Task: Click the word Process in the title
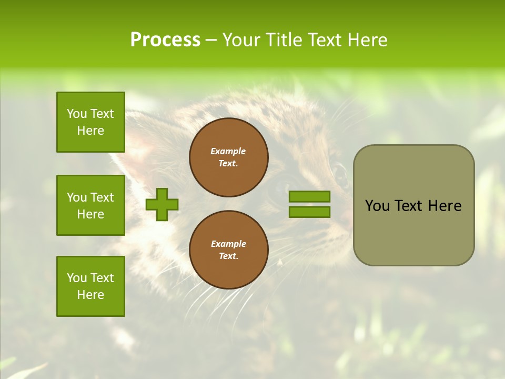point(165,40)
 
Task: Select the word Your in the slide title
point(242,40)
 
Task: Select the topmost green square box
point(90,122)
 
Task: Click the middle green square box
point(90,205)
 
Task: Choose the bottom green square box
point(90,286)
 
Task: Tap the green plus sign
point(162,204)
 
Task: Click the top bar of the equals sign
point(309,197)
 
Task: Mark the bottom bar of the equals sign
point(309,212)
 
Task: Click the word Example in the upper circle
point(228,151)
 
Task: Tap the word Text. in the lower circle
point(228,256)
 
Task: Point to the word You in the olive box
point(377,206)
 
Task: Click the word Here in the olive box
point(445,206)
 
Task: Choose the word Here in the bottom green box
point(90,295)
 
